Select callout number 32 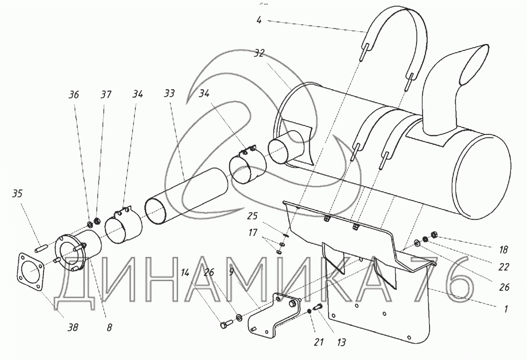259,53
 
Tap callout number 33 170,94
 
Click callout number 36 74,94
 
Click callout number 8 110,327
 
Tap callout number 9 231,273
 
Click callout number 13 341,343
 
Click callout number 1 506,310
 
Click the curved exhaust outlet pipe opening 474,65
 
